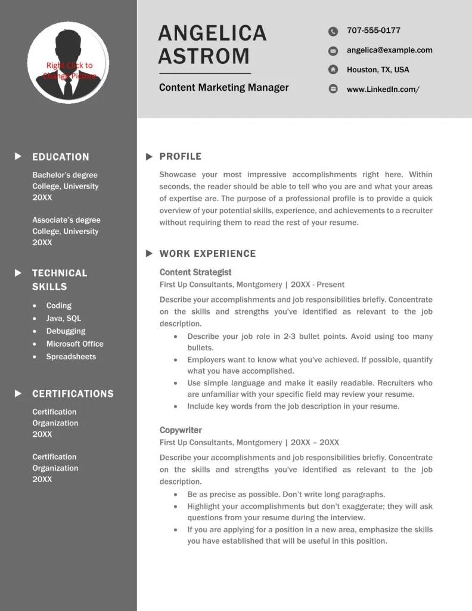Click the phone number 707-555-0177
coord(374,30)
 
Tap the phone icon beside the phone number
coord(333,32)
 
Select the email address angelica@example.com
coord(390,50)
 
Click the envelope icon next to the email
coord(333,51)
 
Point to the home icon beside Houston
coord(333,70)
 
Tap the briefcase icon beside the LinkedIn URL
coord(333,90)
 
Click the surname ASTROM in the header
coord(204,56)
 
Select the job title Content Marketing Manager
coord(223,88)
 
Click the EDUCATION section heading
coord(61,157)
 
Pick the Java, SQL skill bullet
coord(64,319)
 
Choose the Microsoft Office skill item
coord(75,344)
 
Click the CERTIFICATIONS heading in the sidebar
coord(73,394)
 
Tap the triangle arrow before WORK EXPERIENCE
coord(149,254)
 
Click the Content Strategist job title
coord(195,272)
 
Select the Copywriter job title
coord(181,430)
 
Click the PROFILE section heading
coord(181,156)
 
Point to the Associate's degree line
coord(66,220)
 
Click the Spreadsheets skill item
coord(71,357)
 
